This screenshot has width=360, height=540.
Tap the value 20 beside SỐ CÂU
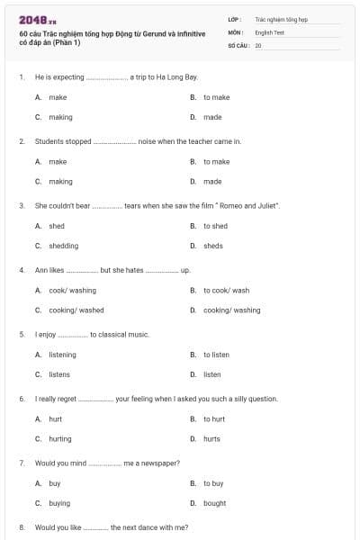click(x=258, y=45)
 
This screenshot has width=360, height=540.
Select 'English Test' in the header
click(x=269, y=31)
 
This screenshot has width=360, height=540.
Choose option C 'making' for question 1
click(x=61, y=117)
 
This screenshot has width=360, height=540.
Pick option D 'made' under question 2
click(x=212, y=181)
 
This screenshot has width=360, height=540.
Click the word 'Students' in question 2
click(x=50, y=141)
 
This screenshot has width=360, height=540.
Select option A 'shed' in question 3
click(x=57, y=226)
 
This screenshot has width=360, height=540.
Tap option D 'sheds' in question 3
click(x=213, y=246)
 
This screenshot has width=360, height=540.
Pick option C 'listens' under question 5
click(x=59, y=374)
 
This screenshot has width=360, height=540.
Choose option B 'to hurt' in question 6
click(x=214, y=418)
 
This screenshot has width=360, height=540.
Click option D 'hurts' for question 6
click(x=212, y=438)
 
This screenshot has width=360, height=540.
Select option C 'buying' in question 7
click(x=59, y=503)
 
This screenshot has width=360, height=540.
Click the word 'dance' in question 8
click(x=148, y=526)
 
